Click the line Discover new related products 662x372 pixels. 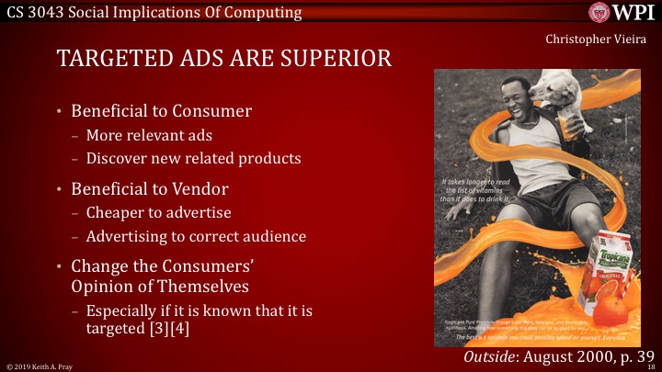[x=193, y=158]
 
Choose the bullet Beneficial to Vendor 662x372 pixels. [x=157, y=189]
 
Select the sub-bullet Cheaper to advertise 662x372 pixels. [x=158, y=213]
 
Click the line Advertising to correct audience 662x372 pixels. [x=196, y=236]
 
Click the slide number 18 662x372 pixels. [x=650, y=366]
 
